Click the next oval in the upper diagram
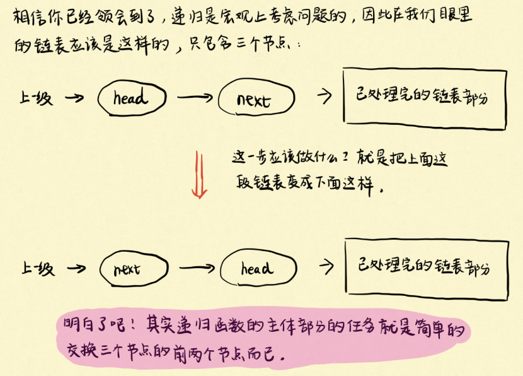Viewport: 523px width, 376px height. [x=255, y=100]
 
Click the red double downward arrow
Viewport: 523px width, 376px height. [x=199, y=173]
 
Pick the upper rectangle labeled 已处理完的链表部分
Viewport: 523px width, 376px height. [x=424, y=98]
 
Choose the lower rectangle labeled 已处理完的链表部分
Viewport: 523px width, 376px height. [x=427, y=269]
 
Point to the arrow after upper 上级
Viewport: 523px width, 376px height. [x=75, y=98]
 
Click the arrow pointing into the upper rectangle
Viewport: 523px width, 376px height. [x=325, y=97]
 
